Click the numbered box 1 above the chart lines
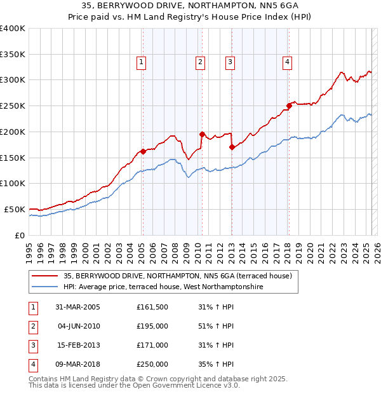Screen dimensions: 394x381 [140, 62]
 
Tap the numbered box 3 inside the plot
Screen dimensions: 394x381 [229, 62]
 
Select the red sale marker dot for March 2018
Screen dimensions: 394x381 [289, 105]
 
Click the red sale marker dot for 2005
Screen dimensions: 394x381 [144, 151]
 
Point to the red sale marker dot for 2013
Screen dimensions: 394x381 [232, 147]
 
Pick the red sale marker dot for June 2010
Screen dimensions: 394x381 [202, 134]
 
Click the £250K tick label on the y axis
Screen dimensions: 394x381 [13, 105]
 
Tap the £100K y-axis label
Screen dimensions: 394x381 [13, 183]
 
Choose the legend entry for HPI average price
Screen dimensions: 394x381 [163, 287]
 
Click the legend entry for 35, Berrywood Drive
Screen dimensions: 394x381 [177, 276]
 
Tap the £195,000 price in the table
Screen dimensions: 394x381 [152, 326]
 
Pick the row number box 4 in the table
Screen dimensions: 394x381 [32, 365]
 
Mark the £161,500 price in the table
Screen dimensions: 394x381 [152, 307]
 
